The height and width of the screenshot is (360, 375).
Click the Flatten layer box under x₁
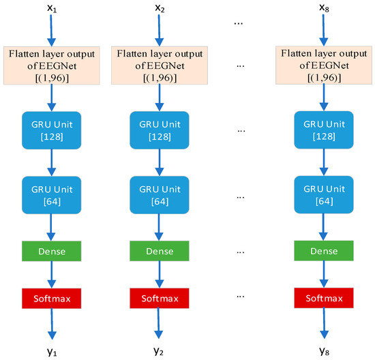(52, 66)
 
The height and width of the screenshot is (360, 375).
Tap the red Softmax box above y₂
(159, 297)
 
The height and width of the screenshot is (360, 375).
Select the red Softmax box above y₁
(52, 297)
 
